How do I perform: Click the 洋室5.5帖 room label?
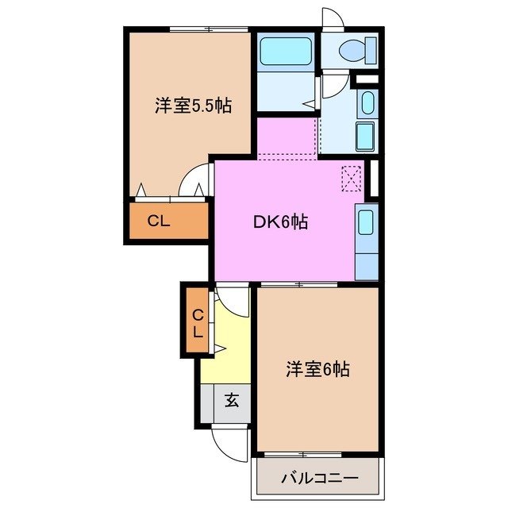point(193,105)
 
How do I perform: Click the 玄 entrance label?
point(231,400)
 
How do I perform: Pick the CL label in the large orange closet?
point(159,221)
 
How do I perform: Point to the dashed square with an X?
point(351,177)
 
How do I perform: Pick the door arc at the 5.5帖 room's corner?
point(193,180)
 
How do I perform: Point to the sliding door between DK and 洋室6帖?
point(299,284)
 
